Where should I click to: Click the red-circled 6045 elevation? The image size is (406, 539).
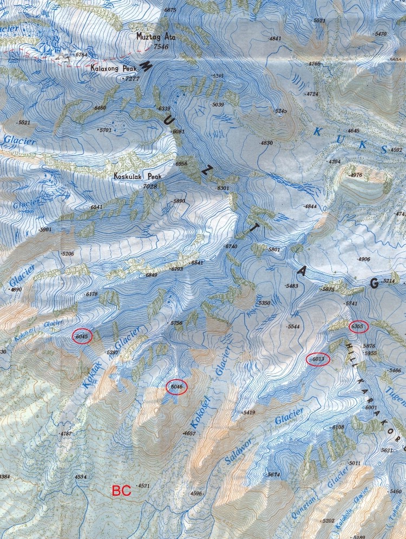[x=82, y=336]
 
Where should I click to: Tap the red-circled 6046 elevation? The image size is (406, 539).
[x=178, y=387]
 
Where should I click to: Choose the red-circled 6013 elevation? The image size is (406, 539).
[x=318, y=360]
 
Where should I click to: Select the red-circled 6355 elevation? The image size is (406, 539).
[x=358, y=327]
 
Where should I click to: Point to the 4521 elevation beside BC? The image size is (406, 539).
[x=143, y=486]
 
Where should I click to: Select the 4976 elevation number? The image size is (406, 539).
[x=356, y=175]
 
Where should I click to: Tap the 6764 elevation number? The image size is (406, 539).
[x=81, y=55]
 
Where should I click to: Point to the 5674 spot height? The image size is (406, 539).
[x=273, y=475]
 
